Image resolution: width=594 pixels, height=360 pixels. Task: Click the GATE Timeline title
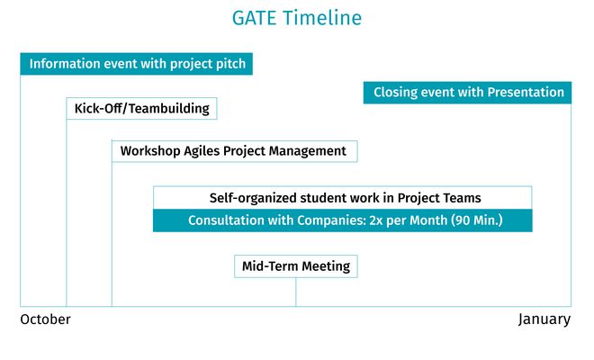point(297,18)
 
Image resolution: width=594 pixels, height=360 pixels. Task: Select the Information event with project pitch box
point(137,64)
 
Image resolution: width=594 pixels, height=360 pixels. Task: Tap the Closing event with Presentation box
point(467,93)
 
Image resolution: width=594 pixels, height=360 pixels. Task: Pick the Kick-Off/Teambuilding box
point(141,108)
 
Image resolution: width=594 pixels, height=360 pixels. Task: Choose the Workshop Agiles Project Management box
point(235,151)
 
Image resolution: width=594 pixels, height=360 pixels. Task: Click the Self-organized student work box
point(343,197)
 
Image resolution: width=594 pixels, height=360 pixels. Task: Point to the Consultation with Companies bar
point(343,220)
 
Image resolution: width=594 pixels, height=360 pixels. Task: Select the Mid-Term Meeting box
point(296,266)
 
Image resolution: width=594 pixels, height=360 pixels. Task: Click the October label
point(46,319)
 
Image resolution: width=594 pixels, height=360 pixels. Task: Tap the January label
point(544,319)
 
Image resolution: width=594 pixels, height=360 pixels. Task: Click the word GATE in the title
point(254,18)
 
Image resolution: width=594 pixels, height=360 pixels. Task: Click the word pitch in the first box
point(230,64)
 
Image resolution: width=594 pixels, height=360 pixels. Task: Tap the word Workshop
point(150,151)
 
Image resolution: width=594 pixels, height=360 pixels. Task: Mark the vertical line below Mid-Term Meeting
point(296,292)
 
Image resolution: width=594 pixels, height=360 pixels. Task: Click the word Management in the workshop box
point(307,151)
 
